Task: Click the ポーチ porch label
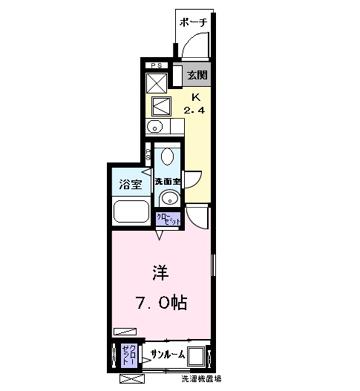(193, 22)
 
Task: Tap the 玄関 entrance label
(197, 75)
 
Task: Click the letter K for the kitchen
(196, 97)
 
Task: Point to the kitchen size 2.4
(196, 111)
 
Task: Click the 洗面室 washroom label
(168, 182)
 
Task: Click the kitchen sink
(156, 125)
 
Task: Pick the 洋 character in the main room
(160, 272)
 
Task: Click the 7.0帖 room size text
(160, 303)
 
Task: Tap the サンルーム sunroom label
(168, 353)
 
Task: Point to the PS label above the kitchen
(157, 67)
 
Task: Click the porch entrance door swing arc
(192, 47)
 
